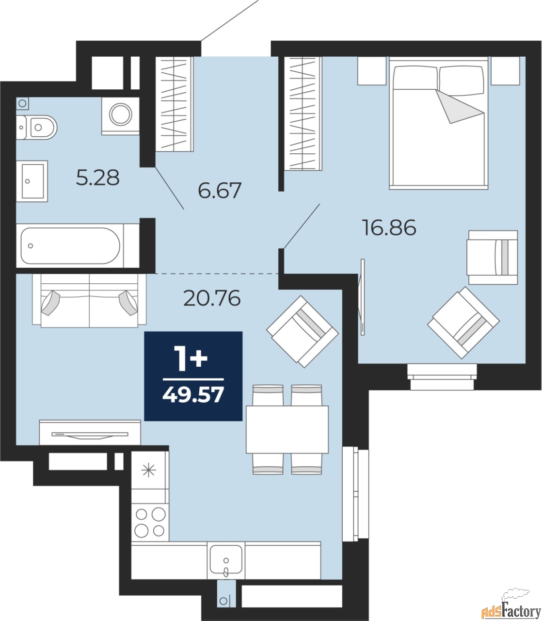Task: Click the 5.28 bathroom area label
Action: [x=97, y=178]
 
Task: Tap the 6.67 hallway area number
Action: [x=220, y=190]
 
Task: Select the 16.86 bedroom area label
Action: [x=389, y=228]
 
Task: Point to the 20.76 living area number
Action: [x=212, y=298]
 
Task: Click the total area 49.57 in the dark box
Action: [x=193, y=395]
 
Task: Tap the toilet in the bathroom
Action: [x=37, y=127]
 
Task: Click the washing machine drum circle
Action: [x=121, y=114]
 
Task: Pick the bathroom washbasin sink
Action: [x=32, y=181]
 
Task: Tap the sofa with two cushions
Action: [x=89, y=300]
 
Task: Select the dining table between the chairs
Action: [x=287, y=429]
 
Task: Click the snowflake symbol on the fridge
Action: [x=149, y=471]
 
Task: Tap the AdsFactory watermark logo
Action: [x=511, y=604]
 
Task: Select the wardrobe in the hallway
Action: [x=175, y=104]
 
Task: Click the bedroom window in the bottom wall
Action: [x=442, y=377]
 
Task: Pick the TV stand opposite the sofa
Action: [x=90, y=432]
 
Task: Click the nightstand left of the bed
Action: [x=372, y=71]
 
